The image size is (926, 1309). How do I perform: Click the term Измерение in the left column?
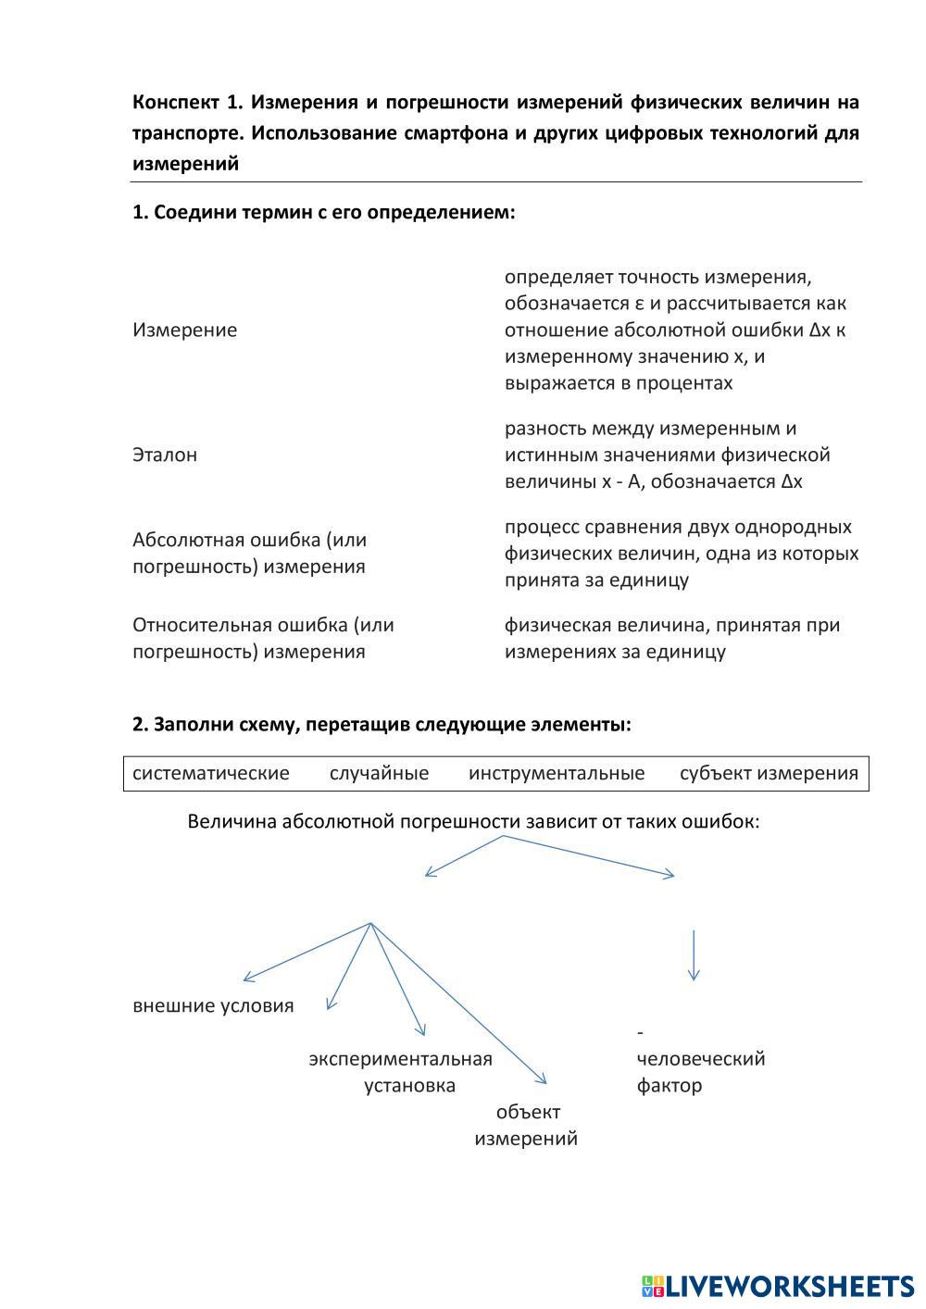point(184,330)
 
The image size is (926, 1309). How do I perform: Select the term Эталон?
point(165,455)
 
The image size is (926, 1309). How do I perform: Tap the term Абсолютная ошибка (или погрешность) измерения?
point(249,553)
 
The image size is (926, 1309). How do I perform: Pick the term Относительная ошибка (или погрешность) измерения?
point(263,638)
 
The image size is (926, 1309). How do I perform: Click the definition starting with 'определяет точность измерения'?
point(675,330)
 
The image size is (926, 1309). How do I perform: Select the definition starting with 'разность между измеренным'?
point(667,455)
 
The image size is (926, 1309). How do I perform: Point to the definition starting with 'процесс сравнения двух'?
point(682,553)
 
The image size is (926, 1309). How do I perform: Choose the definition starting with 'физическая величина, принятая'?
point(672,638)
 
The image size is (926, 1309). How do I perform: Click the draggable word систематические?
point(211,773)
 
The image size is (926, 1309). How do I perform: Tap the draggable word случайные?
point(379,773)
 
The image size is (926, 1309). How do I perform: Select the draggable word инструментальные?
point(557,773)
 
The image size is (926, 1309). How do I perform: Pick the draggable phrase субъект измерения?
point(769,773)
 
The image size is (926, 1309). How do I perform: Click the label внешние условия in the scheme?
point(213,1006)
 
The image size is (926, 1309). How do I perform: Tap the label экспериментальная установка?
point(401,1071)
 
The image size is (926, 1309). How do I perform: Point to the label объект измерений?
point(526,1125)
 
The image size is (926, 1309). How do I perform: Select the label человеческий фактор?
point(700,1071)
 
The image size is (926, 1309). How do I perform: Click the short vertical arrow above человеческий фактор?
point(694,954)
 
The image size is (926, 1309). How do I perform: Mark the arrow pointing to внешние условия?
point(306,952)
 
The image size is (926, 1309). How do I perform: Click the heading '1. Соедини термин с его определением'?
point(323,212)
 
